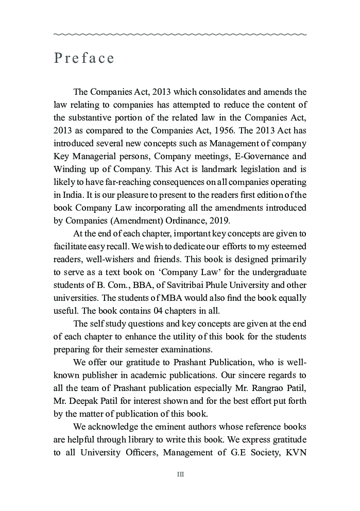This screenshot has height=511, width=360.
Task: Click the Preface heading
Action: pyautogui.click(x=84, y=58)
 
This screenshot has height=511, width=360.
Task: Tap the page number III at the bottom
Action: pyautogui.click(x=180, y=474)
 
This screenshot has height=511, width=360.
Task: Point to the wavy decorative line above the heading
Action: pyautogui.click(x=180, y=35)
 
